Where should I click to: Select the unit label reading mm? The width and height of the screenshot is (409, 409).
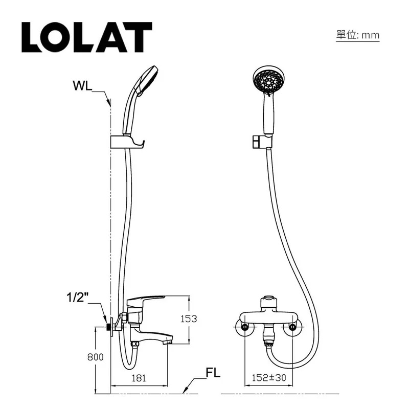click(x=357, y=35)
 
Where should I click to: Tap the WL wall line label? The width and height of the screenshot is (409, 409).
click(x=81, y=85)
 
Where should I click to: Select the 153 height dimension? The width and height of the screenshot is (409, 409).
click(x=189, y=319)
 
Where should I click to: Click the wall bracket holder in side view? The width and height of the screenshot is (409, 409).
click(x=127, y=142)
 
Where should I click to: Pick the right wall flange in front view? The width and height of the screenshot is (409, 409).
click(x=293, y=326)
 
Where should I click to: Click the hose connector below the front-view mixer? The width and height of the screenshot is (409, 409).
click(x=268, y=338)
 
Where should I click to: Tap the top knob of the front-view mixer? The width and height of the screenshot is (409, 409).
click(x=268, y=301)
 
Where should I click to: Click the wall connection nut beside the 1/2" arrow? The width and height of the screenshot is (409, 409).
click(x=109, y=326)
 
